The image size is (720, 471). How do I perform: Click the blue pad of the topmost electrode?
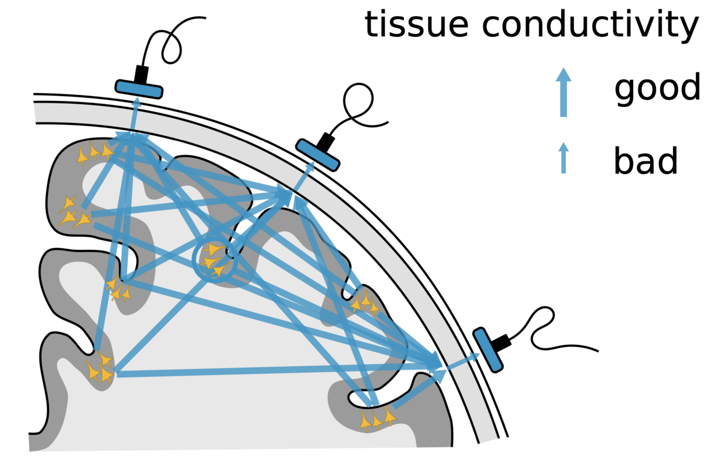pos(139,89)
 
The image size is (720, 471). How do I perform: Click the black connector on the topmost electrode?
pos(141,73)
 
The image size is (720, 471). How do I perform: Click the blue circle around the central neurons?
pos(215,261)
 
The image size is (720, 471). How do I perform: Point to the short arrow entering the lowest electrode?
pos(461,360)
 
